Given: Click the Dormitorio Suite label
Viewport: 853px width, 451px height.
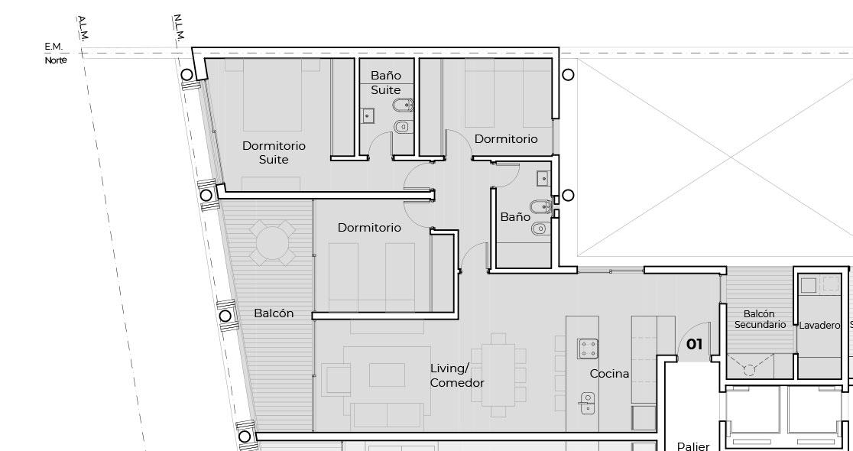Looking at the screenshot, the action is [274, 153].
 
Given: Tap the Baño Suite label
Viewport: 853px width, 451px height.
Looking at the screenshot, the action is [386, 83].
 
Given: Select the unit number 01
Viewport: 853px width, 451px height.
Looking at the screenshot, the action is [694, 345].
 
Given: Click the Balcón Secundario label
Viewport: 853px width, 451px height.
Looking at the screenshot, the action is [760, 320].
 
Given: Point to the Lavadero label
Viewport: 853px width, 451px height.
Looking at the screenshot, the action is [819, 326].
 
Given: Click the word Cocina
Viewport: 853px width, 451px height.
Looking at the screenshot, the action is [609, 374].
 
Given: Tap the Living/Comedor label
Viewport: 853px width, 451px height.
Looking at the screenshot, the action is [457, 376].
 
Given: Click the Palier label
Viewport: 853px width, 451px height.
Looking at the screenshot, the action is [693, 446].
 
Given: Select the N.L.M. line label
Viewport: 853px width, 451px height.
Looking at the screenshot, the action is [179, 28].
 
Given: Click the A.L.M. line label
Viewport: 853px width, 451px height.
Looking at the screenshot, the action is [83, 28].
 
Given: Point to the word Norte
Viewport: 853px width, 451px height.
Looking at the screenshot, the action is [56, 60].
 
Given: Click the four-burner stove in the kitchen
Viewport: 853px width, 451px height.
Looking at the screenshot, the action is [588, 349].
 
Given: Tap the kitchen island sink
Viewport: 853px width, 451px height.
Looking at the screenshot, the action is [587, 403].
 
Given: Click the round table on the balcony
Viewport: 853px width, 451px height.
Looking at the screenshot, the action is [272, 242].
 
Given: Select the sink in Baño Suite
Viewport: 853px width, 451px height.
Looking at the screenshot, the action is [367, 116].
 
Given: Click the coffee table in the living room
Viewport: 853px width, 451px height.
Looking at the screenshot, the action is [387, 375].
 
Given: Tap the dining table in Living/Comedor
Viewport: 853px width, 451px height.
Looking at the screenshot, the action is [498, 375].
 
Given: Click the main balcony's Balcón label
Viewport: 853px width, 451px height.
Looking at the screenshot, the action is [274, 313].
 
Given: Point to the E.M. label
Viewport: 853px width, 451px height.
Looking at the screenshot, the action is [54, 47].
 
